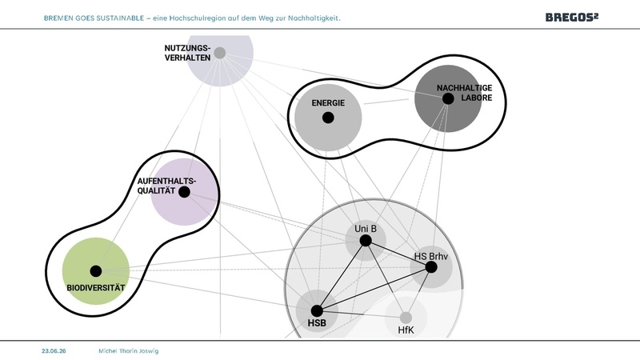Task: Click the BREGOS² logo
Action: coord(572,17)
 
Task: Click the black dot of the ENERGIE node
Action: coord(328,118)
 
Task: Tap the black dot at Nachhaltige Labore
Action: coord(448,98)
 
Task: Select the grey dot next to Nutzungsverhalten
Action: coord(219,53)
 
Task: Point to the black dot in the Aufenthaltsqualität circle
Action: coord(184,192)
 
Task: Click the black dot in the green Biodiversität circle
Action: coord(96,271)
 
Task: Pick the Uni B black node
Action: coord(366,241)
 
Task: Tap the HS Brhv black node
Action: coord(431,267)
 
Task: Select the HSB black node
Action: coord(317,311)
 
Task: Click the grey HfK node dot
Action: coord(406,318)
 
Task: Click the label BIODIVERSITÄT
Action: coord(96,288)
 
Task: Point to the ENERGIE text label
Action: coord(328,103)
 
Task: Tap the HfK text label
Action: coord(406,330)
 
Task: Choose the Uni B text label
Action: coord(366,229)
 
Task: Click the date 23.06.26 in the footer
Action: coord(54,351)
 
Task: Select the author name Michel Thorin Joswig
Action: coord(129,351)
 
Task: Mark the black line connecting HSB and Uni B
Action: coord(342,276)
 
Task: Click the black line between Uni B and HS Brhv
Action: coord(398,254)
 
